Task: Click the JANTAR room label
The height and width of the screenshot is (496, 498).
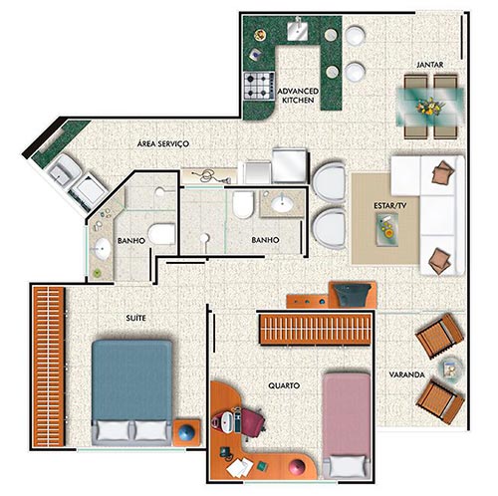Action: coord(430,65)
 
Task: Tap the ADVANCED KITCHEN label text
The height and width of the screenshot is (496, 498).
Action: coord(298,96)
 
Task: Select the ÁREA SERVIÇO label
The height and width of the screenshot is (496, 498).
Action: coord(163,143)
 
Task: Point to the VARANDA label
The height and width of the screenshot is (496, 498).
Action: coord(406,374)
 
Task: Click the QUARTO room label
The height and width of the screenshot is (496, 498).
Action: coord(284,385)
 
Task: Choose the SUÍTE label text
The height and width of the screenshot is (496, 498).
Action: coord(135,318)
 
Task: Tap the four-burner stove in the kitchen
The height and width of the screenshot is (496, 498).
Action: coord(259,86)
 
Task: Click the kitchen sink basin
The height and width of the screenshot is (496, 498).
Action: coord(298,30)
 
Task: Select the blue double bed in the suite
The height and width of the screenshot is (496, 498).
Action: coord(131,392)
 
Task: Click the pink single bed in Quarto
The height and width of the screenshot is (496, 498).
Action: coord(347,425)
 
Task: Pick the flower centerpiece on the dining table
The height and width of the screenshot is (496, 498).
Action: coord(430,107)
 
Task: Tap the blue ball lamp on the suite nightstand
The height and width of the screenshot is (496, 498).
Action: coord(186,432)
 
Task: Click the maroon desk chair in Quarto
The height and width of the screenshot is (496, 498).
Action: coord(252,419)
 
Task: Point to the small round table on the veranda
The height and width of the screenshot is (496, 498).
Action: coord(451,369)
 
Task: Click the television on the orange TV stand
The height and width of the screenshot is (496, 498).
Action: coord(352,294)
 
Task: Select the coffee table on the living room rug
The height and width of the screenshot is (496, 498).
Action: coord(387,229)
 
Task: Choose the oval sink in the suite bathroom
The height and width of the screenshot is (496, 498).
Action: coord(101,249)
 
